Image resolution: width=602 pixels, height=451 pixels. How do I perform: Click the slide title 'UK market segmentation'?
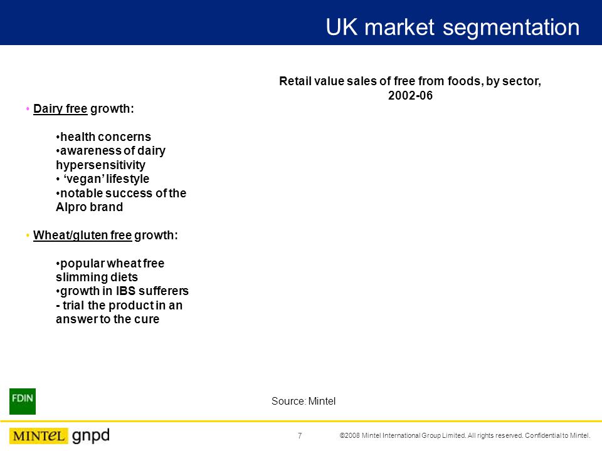pos(452,28)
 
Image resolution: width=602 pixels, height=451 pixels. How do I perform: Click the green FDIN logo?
pos(23,401)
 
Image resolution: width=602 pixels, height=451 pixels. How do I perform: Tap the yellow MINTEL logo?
pos(38,436)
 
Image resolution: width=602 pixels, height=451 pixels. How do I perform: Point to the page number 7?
pos(300,436)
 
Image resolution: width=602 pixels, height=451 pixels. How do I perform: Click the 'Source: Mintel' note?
pos(304,401)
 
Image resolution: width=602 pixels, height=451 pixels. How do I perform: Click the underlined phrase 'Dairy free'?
pos(60,108)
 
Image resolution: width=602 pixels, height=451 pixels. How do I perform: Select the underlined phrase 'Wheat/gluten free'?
pos(82,236)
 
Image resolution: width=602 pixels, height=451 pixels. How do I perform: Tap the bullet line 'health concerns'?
pos(105,137)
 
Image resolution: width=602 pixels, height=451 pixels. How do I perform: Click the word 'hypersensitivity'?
pos(100,165)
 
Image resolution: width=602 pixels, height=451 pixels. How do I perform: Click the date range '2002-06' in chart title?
pos(411,96)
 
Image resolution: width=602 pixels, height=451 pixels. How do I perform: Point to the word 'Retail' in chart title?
pos(295,81)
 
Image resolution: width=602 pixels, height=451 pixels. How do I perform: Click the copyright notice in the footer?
pos(465,436)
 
